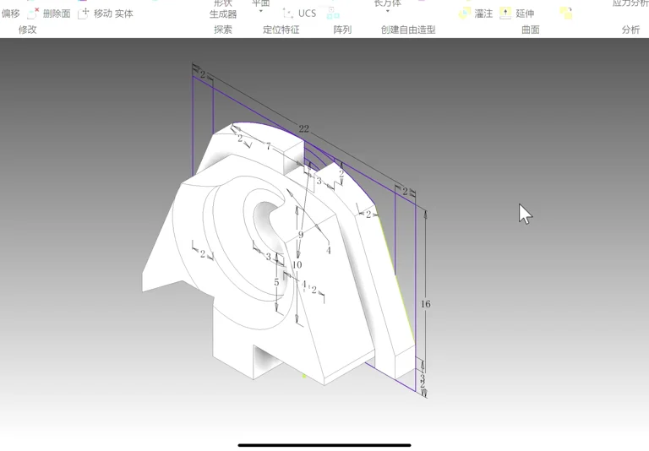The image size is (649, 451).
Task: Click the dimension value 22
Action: click(x=303, y=129)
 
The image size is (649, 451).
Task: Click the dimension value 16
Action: click(x=425, y=304)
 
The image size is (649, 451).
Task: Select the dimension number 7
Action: click(x=269, y=147)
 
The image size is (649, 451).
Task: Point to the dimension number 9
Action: click(x=300, y=236)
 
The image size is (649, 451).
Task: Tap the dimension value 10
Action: click(x=297, y=265)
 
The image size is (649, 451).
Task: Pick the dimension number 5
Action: click(x=276, y=283)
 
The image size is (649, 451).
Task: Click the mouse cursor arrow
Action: click(x=525, y=214)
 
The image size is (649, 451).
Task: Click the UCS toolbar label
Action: click(x=307, y=14)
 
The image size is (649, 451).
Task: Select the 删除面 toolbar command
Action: click(x=56, y=14)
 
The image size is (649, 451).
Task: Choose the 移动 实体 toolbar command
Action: click(x=112, y=14)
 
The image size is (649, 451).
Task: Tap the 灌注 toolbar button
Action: click(x=483, y=14)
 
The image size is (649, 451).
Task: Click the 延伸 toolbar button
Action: click(x=524, y=14)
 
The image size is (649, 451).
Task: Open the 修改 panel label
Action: click(x=28, y=30)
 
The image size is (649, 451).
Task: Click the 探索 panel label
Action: click(x=223, y=30)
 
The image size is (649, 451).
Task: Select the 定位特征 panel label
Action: click(x=281, y=30)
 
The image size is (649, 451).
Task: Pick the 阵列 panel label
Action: click(x=342, y=30)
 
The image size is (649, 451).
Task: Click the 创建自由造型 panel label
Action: click(x=408, y=30)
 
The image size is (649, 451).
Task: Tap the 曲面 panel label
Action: click(x=531, y=30)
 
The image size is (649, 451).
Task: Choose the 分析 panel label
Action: click(x=630, y=30)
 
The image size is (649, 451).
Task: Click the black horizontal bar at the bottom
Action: click(x=324, y=445)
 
